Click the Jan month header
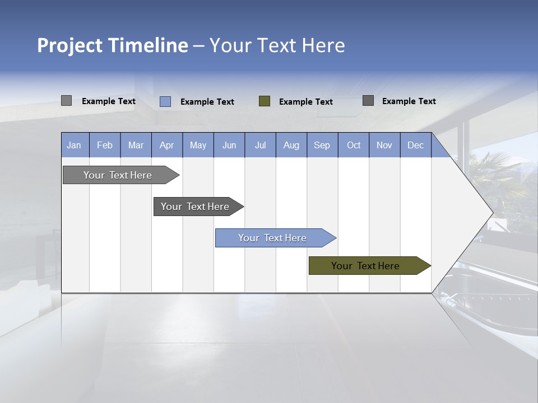click(x=74, y=145)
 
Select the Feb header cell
click(x=105, y=145)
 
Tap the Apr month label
click(x=166, y=145)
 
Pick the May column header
click(x=198, y=145)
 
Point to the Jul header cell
click(x=260, y=145)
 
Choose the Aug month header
click(x=291, y=145)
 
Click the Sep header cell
click(x=322, y=145)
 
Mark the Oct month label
click(x=354, y=145)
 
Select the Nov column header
click(x=384, y=145)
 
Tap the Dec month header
click(x=415, y=145)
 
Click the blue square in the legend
click(x=165, y=101)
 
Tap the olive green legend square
click(x=265, y=101)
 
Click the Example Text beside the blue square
click(x=207, y=102)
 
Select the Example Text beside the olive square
click(x=306, y=102)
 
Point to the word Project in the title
click(x=70, y=45)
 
